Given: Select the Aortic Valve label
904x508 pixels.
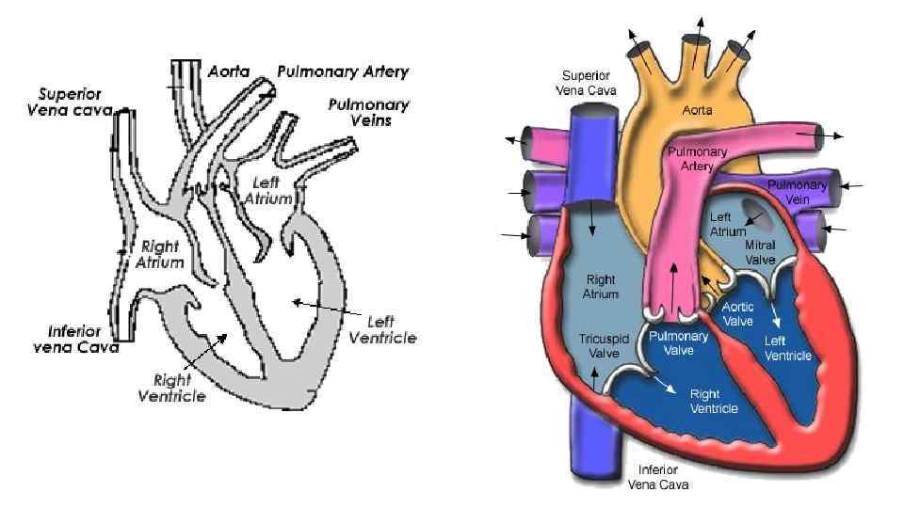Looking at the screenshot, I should click(x=737, y=313).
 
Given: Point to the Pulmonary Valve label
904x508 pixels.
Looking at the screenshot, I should click(x=672, y=343).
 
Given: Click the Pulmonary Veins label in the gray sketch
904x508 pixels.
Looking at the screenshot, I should click(x=367, y=112).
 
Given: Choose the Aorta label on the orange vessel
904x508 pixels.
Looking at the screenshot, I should click(x=697, y=110).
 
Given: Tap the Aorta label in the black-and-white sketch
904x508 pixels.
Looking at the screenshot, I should click(x=228, y=71).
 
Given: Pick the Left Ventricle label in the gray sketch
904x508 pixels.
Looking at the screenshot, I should click(x=382, y=330).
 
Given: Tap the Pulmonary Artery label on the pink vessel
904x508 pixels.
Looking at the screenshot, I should click(x=690, y=159).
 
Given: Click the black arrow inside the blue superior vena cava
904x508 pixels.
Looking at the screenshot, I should click(x=591, y=217).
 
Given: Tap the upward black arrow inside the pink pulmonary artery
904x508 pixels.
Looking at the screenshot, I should click(x=674, y=282).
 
